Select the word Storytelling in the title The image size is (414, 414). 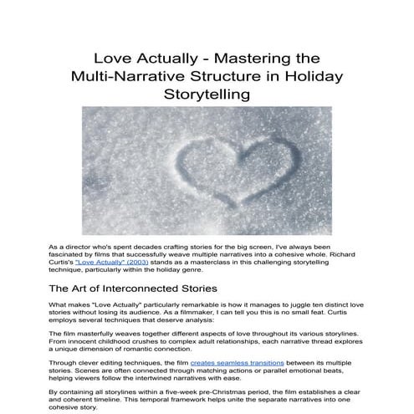pos(207,95)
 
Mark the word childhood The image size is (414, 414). pos(130,342)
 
